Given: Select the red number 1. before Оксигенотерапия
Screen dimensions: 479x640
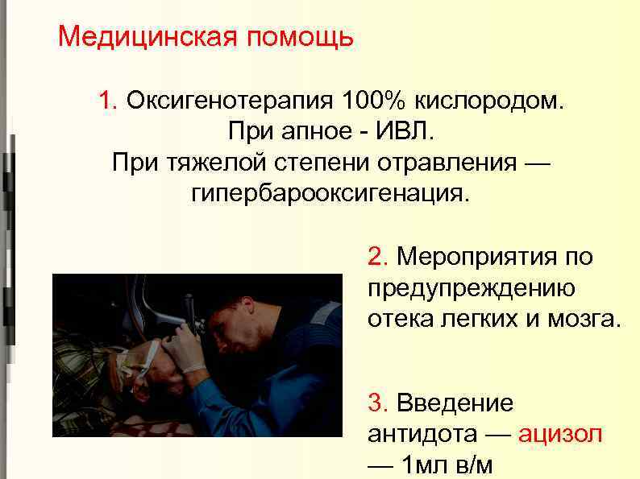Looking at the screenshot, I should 109,101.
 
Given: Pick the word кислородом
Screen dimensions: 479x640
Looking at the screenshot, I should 491,101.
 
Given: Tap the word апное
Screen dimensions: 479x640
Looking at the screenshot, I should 327,132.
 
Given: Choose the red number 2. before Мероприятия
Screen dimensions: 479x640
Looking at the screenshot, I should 379,257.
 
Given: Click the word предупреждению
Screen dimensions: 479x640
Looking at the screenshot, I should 471,287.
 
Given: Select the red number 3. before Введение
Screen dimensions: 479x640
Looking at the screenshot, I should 379,403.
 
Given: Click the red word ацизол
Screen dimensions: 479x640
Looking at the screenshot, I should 559,433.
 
